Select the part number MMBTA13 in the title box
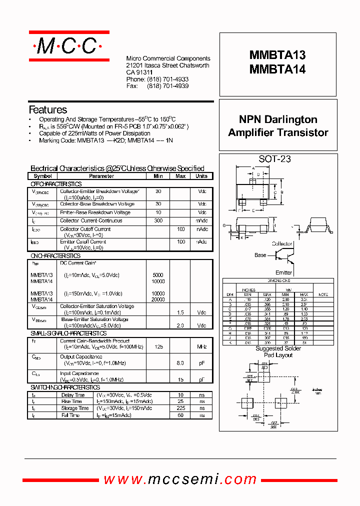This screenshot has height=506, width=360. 277,55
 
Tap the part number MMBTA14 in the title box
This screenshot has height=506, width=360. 277,70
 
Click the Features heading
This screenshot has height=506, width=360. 48,109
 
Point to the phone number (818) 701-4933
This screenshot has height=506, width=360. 167,79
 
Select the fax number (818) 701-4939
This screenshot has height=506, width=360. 167,86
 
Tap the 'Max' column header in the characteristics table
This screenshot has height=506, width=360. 180,176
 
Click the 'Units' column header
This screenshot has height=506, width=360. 201,176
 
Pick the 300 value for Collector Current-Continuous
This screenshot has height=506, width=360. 158,220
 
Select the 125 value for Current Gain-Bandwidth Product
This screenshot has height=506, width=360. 158,346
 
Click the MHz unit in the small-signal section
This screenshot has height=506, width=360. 201,346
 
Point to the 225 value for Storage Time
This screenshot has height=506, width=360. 180,408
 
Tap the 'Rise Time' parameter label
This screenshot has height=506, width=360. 71,401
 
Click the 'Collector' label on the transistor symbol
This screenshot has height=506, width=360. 282,243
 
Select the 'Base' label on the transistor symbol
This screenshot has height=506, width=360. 260,255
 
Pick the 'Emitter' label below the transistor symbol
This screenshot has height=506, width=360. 284,272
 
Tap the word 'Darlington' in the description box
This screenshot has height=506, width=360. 291,119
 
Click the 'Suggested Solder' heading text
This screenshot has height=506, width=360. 278,348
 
